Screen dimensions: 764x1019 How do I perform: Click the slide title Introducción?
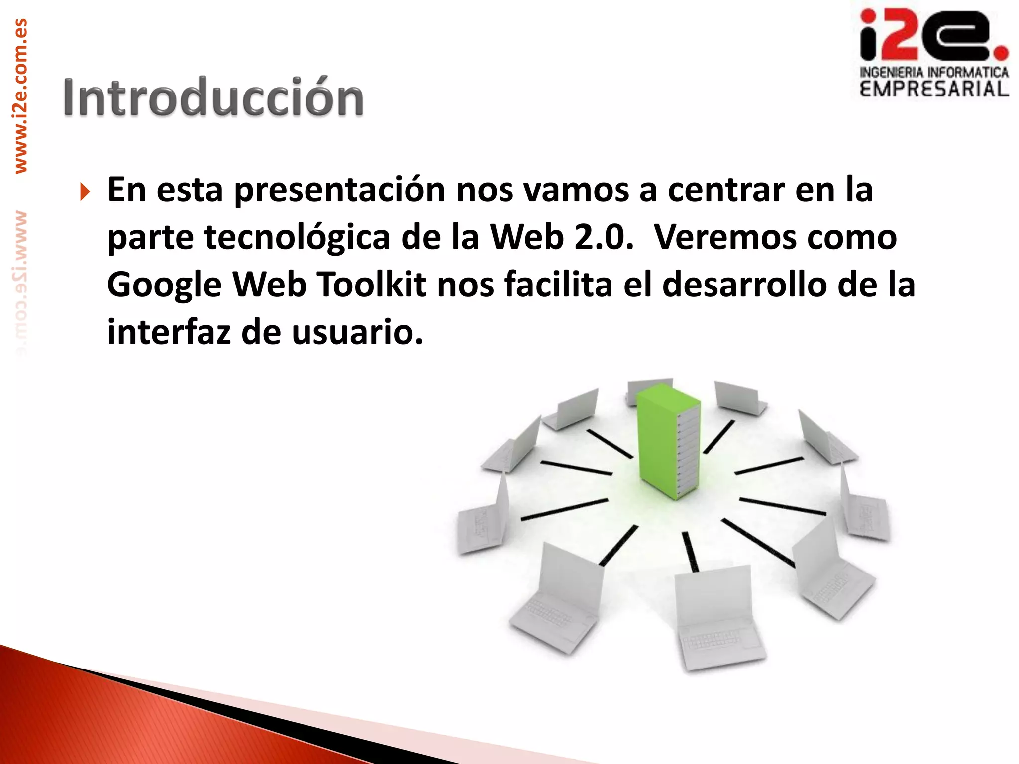click(x=213, y=97)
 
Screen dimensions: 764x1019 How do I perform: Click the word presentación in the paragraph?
click(x=339, y=191)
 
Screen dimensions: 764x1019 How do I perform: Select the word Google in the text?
click(x=164, y=286)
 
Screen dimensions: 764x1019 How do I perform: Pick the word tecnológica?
click(x=297, y=238)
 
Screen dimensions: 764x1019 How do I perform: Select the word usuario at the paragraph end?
click(x=357, y=332)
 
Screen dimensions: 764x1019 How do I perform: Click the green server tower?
click(x=668, y=440)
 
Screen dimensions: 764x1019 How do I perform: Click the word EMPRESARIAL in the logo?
click(x=934, y=90)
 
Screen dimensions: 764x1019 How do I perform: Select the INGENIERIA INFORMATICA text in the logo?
click(x=934, y=73)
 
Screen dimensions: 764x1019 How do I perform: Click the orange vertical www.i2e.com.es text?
click(x=20, y=96)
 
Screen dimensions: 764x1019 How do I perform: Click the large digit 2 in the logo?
click(x=900, y=36)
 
